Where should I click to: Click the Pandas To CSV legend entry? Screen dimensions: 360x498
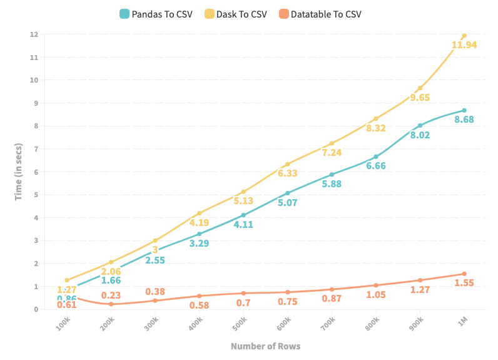pyautogui.click(x=156, y=14)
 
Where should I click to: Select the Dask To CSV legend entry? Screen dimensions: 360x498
pyautogui.click(x=236, y=14)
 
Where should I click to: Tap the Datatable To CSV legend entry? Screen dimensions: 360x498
pyautogui.click(x=320, y=14)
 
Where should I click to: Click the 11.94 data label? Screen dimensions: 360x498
pyautogui.click(x=464, y=45)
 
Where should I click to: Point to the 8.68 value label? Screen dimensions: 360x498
pyautogui.click(x=464, y=120)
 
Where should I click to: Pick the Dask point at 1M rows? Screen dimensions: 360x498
pyautogui.click(x=464, y=35)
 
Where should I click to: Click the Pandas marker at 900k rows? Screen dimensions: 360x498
pyautogui.click(x=420, y=125)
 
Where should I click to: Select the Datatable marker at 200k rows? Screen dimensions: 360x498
pyautogui.click(x=111, y=304)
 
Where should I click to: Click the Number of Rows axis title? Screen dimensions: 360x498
pyautogui.click(x=265, y=346)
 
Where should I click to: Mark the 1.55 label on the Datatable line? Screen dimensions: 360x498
pyautogui.click(x=464, y=283)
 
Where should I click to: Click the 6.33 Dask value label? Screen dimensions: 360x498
pyautogui.click(x=288, y=173)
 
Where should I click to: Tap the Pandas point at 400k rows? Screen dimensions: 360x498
pyautogui.click(x=200, y=234)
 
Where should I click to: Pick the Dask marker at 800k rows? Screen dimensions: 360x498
pyautogui.click(x=376, y=118)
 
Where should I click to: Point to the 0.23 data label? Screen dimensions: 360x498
pyautogui.click(x=111, y=296)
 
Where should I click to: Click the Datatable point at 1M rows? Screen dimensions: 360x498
pyautogui.click(x=464, y=274)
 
